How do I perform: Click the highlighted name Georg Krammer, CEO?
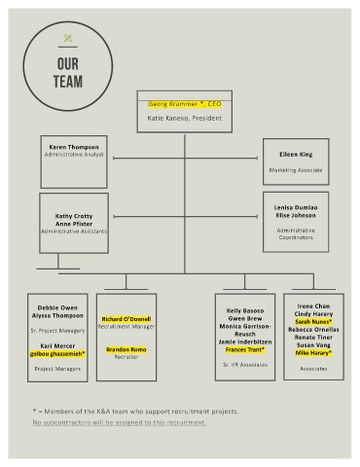(185, 104)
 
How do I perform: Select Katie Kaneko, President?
(185, 118)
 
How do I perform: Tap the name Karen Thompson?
(74, 147)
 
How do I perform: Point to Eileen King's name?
(296, 155)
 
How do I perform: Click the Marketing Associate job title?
(296, 170)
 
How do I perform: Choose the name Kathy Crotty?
(74, 216)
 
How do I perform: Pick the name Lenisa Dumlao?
(296, 207)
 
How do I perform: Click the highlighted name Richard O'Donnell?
(126, 319)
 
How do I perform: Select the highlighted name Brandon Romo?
(126, 349)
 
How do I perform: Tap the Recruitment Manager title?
(126, 327)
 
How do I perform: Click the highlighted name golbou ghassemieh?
(57, 354)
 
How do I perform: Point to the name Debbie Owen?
(57, 307)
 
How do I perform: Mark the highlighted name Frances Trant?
(245, 349)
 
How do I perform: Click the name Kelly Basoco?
(245, 310)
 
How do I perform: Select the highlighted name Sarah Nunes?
(313, 322)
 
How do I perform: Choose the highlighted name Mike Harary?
(313, 353)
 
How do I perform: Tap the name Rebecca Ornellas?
(313, 330)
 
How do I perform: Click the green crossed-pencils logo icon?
(68, 38)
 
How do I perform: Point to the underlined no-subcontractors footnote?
(120, 422)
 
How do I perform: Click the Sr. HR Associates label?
(245, 365)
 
